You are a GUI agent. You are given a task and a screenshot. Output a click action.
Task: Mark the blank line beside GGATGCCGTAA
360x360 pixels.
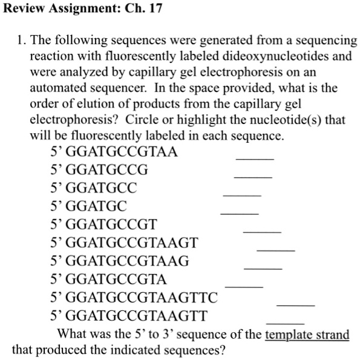pos(255,158)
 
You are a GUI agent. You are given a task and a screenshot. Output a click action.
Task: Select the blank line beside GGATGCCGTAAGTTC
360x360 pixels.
pos(296,304)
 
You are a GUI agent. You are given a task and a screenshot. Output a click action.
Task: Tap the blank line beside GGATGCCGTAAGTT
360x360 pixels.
pos(285,322)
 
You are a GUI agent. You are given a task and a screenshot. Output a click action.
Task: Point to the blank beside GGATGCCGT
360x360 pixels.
pos(262,231)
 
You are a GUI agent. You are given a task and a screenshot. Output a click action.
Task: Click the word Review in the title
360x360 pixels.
pos(23,10)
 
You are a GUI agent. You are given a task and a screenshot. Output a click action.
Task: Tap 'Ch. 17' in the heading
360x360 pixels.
pos(145,10)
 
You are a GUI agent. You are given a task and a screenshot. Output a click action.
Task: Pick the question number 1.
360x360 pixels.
pos(21,42)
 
